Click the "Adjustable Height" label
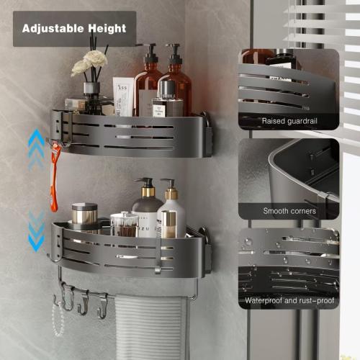click(x=74, y=29)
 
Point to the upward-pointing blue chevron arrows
click(x=36, y=148)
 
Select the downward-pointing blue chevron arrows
click(x=36, y=231)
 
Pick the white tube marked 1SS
click(x=123, y=96)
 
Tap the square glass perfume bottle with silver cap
click(x=166, y=101)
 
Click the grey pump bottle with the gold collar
click(x=146, y=209)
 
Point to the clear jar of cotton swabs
click(x=125, y=224)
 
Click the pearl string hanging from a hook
click(x=58, y=320)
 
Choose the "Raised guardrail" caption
click(x=288, y=121)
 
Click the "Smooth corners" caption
click(x=288, y=211)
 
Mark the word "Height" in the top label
click(x=107, y=29)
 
